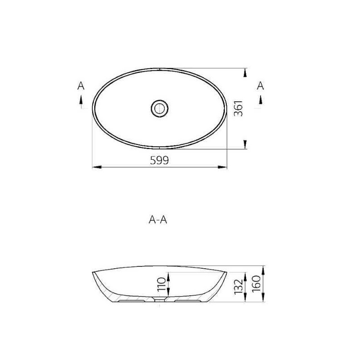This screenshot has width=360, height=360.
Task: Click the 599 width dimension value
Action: tap(159, 160)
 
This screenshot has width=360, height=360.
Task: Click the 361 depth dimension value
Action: tap(238, 108)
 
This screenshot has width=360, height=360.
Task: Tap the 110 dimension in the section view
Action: tap(162, 284)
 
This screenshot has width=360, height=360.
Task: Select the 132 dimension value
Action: tap(238, 287)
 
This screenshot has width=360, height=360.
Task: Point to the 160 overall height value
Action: tap(256, 284)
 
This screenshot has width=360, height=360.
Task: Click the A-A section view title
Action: tap(158, 220)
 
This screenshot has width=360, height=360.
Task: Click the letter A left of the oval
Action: tap(81, 86)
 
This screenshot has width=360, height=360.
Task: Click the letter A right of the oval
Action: tap(261, 85)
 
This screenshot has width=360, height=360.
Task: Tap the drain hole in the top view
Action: tap(160, 108)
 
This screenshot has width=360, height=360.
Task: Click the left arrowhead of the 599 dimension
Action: tap(96, 167)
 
